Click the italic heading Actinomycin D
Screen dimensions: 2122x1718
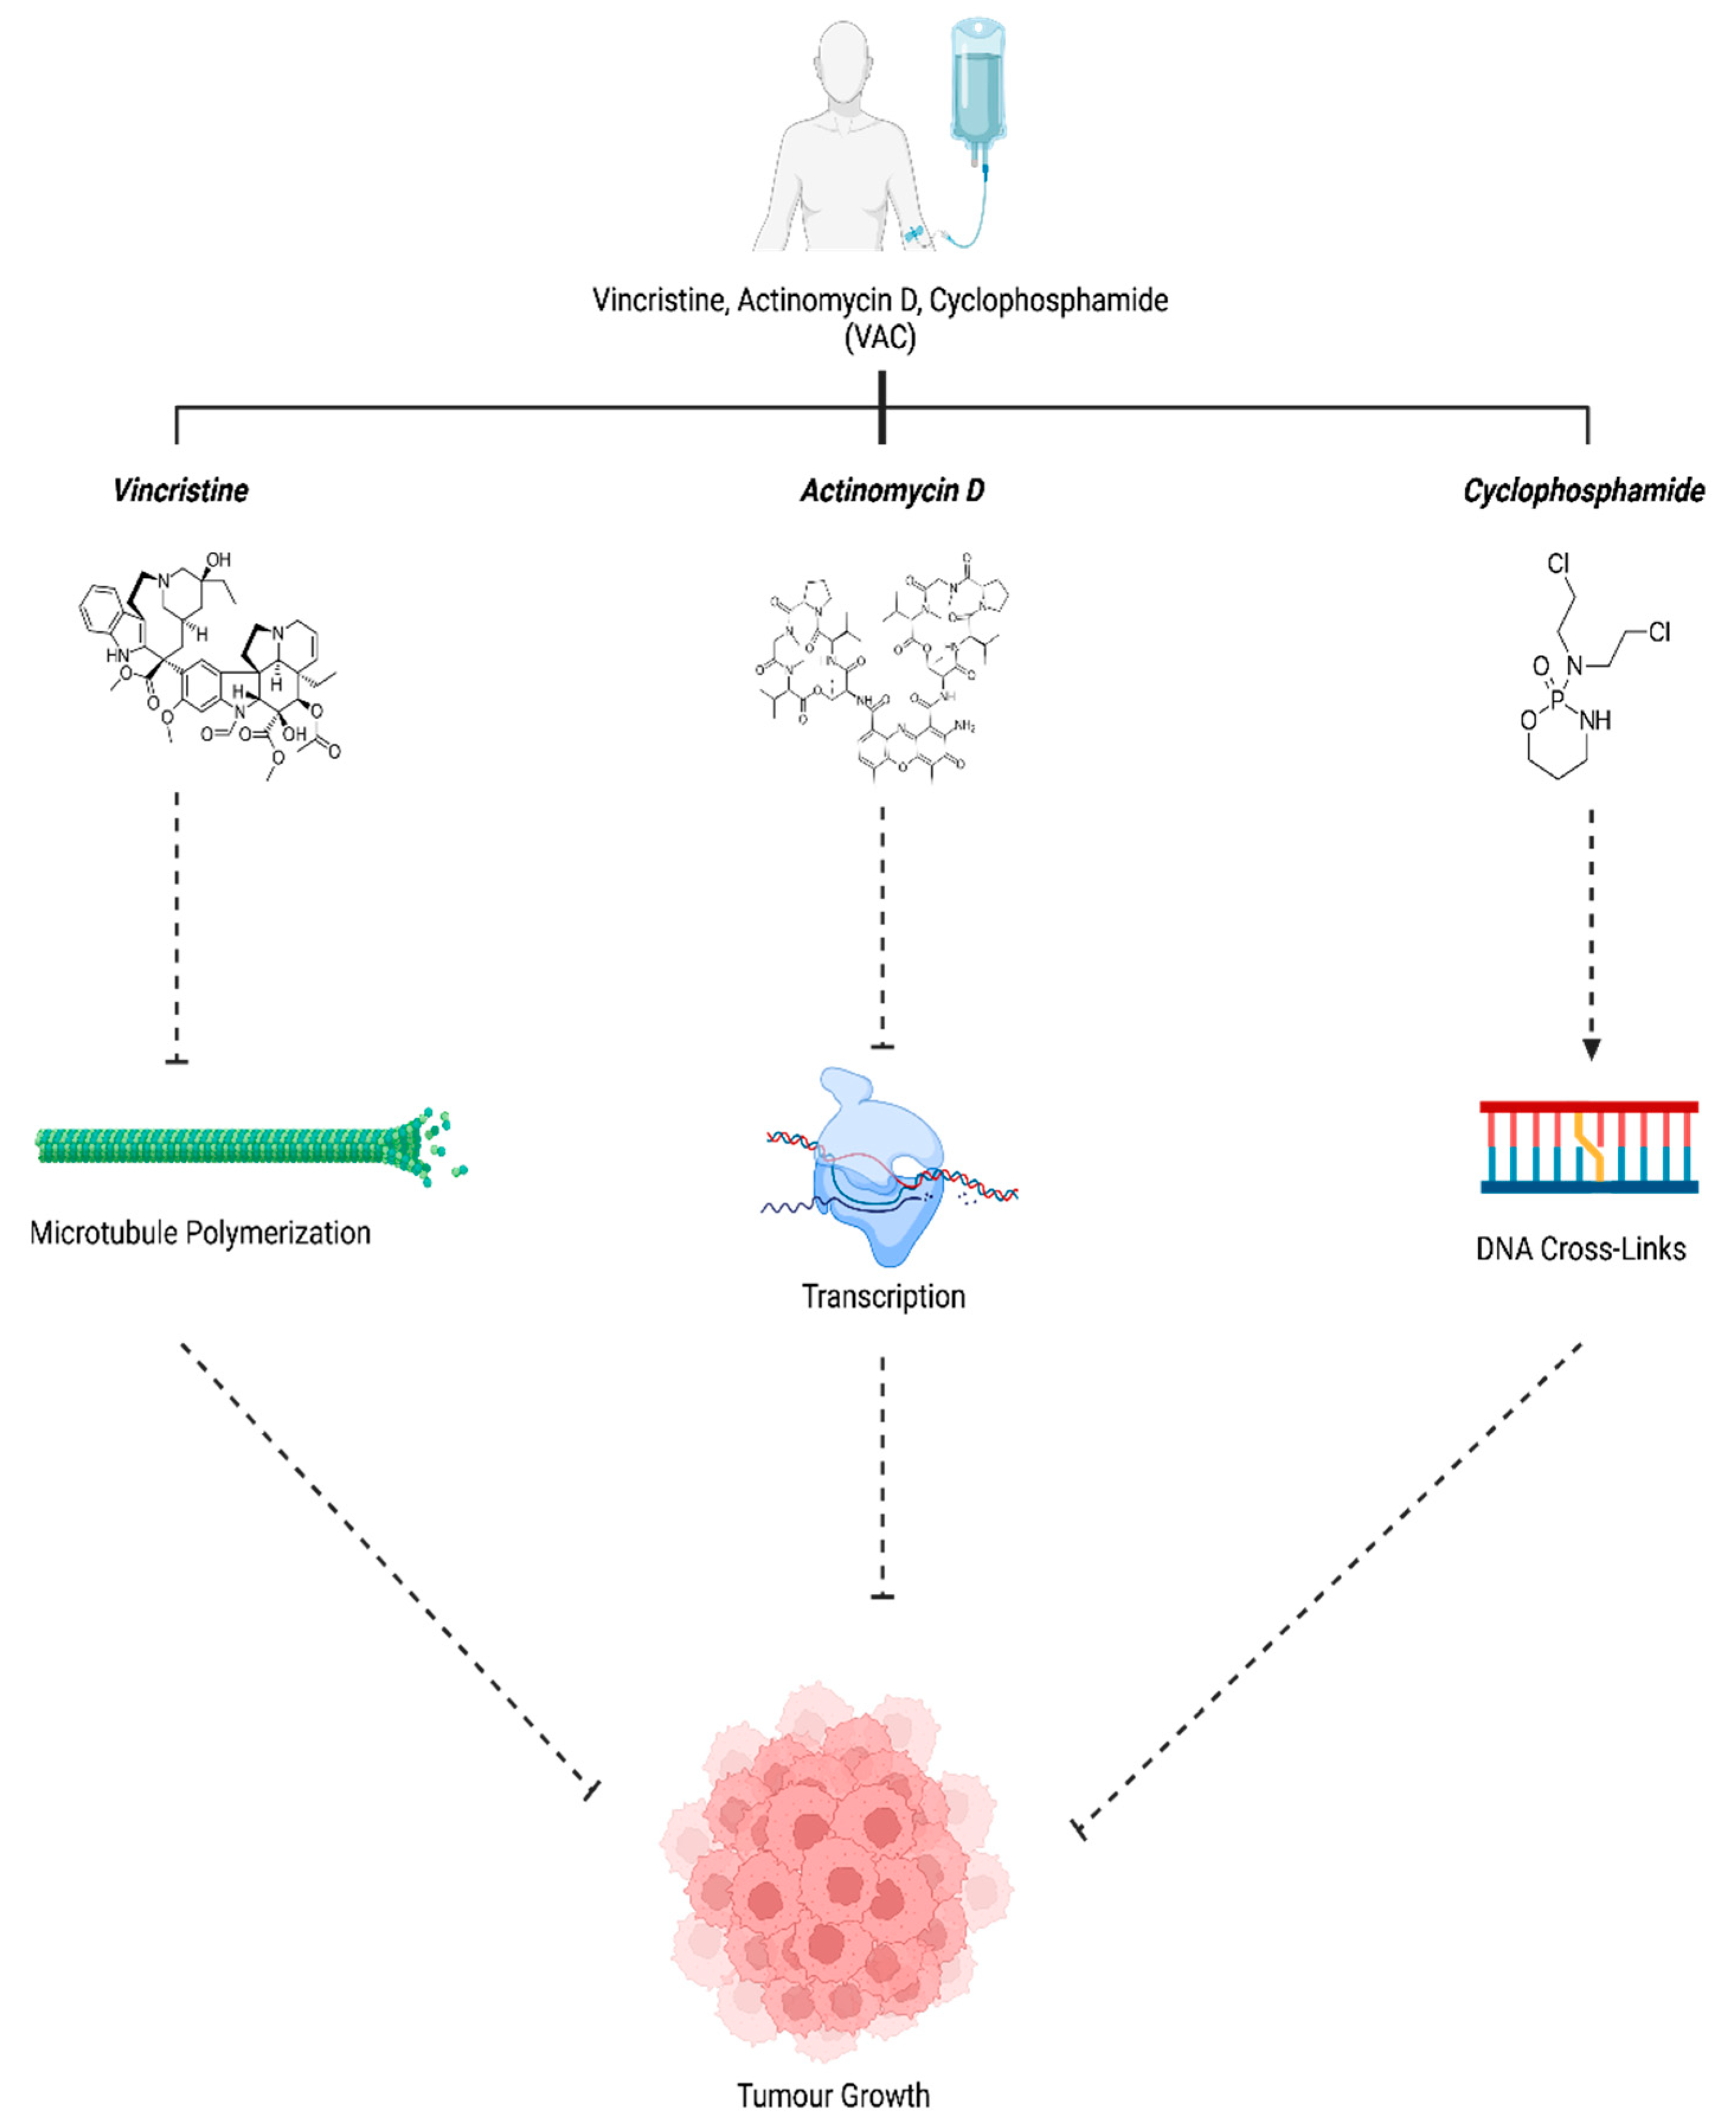point(892,490)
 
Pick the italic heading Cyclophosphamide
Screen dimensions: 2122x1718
point(1584,490)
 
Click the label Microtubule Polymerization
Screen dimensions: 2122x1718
point(200,1233)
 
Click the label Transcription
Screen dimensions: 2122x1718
point(883,1297)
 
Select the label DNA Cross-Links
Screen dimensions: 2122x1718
point(1581,1249)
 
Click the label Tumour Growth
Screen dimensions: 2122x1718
point(834,2095)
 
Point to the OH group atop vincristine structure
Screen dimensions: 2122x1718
point(218,560)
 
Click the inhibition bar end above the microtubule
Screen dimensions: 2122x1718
point(177,1061)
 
